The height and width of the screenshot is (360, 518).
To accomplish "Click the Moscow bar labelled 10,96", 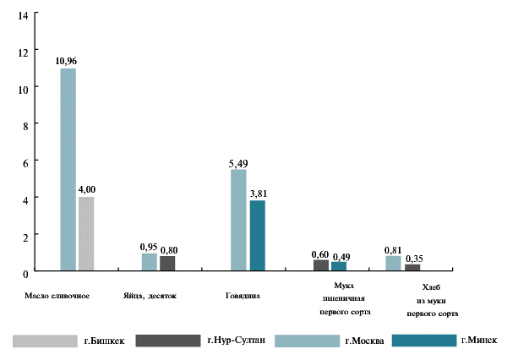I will coord(68,169).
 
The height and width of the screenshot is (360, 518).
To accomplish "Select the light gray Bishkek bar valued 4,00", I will coord(86,233).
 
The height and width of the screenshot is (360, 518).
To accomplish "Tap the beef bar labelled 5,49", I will coord(238,220).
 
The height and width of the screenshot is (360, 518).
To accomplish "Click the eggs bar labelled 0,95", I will coord(149,262).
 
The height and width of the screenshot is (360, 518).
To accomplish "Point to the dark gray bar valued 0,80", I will coord(167,263).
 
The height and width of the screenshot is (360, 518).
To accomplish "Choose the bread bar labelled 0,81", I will coord(393,263).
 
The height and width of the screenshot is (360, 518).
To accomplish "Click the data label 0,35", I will coord(413,258).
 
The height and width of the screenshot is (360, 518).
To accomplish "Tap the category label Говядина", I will coord(242,297).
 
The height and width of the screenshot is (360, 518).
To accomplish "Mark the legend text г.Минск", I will coord(479,341).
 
